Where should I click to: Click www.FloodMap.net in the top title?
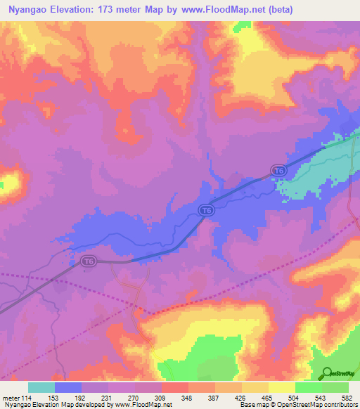coord(219,10)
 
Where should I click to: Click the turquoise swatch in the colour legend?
coord(41,387)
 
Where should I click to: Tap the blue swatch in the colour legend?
coord(67,387)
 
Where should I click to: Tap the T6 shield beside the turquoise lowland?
coord(279,171)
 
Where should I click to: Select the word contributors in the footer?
coord(340,405)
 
